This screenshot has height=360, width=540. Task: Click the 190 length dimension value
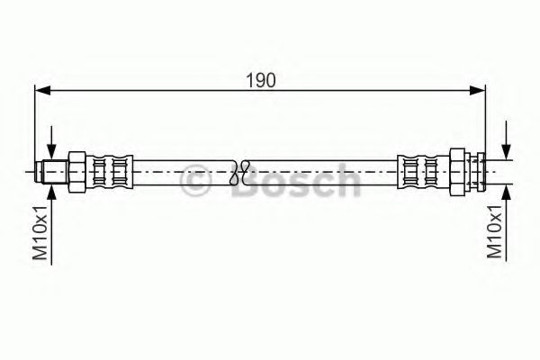pyautogui.click(x=261, y=80)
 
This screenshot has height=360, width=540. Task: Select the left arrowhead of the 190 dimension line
pyautogui.click(x=43, y=91)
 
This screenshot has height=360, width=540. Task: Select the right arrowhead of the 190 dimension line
pyautogui.click(x=478, y=90)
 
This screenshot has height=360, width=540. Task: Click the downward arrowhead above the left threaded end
pyautogui.click(x=51, y=152)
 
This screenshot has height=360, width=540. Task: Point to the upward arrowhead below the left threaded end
pyautogui.click(x=51, y=192)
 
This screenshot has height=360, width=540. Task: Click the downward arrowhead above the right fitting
pyautogui.click(x=506, y=152)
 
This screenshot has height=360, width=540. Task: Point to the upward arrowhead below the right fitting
pyautogui.click(x=506, y=192)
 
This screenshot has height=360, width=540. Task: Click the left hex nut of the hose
pyautogui.click(x=77, y=172)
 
